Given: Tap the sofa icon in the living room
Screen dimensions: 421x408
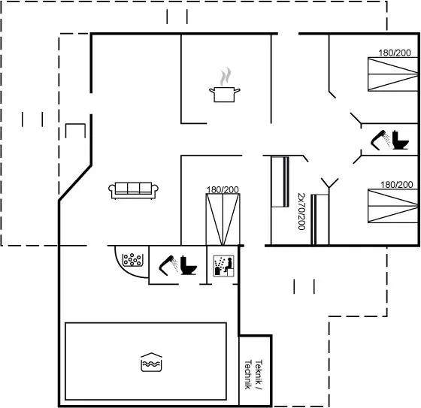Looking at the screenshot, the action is (x=134, y=191).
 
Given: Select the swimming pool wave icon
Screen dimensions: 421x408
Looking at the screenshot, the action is (x=151, y=362).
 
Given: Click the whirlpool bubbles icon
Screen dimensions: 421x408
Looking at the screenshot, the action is (x=132, y=259).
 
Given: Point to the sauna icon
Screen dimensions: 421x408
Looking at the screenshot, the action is (x=224, y=266).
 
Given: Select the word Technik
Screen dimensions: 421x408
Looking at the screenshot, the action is (x=248, y=375).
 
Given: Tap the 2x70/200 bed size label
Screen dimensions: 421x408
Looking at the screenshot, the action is (x=301, y=211).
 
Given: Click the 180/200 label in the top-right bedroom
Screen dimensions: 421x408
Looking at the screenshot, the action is (x=395, y=53).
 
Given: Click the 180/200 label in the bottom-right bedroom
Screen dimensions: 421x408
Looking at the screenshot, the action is (x=397, y=185).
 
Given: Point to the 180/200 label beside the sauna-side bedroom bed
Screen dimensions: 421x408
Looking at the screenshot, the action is (x=223, y=190).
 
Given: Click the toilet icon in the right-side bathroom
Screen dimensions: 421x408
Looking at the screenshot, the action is (x=400, y=140).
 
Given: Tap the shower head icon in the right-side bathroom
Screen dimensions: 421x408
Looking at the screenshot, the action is (x=380, y=140).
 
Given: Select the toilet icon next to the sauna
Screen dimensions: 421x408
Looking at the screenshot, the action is (x=189, y=265).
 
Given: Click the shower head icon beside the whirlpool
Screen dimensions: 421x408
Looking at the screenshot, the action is (x=168, y=265).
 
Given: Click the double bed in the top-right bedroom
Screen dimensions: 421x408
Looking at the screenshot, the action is (x=393, y=74).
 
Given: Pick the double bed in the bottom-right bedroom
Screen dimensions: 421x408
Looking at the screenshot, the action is (x=393, y=206).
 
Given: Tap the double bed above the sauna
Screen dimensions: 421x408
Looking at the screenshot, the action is (x=223, y=219).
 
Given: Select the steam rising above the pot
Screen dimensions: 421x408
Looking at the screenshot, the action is (x=226, y=77).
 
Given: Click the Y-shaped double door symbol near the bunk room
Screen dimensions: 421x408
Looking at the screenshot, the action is (x=329, y=183).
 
